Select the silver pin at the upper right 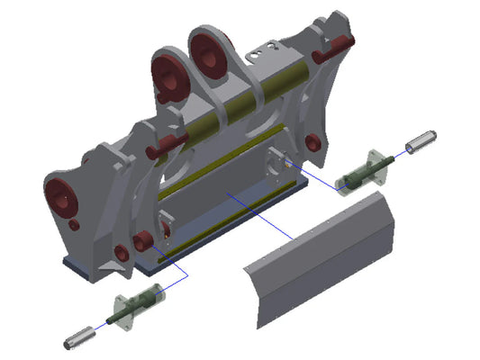tap(421, 141)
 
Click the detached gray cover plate tap(324, 261)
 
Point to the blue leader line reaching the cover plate tap(261, 216)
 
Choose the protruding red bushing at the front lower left tap(141, 241)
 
